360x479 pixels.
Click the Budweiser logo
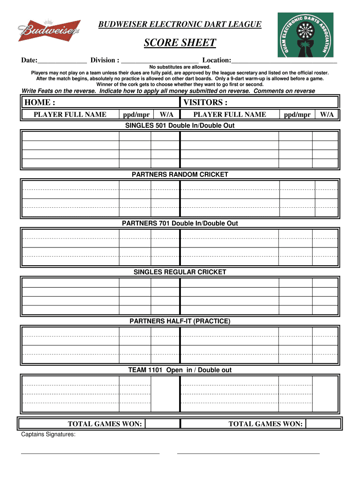pyautogui.click(x=49, y=31)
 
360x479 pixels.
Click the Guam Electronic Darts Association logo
pyautogui.click(x=312, y=35)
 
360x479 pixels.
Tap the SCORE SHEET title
pyautogui.click(x=180, y=44)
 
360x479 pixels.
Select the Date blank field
pyautogui.click(x=62, y=60)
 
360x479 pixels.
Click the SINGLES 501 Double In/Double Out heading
pyautogui.click(x=180, y=125)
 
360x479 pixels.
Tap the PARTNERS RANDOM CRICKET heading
pyautogui.click(x=180, y=174)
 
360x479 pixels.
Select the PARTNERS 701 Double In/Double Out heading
pyautogui.click(x=180, y=223)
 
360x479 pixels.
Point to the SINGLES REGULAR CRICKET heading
pyautogui.click(x=180, y=272)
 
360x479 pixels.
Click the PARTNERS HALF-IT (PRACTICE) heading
pyautogui.click(x=180, y=321)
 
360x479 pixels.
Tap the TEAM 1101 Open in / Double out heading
pyautogui.click(x=180, y=370)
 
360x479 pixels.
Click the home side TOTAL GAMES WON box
pyautogui.click(x=162, y=424)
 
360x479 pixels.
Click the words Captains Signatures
pyautogui.click(x=49, y=435)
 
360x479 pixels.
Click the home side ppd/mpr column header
pyautogui.click(x=136, y=115)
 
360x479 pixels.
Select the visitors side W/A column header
pyautogui.click(x=327, y=115)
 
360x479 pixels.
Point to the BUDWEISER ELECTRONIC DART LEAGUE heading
pyautogui.click(x=180, y=24)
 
